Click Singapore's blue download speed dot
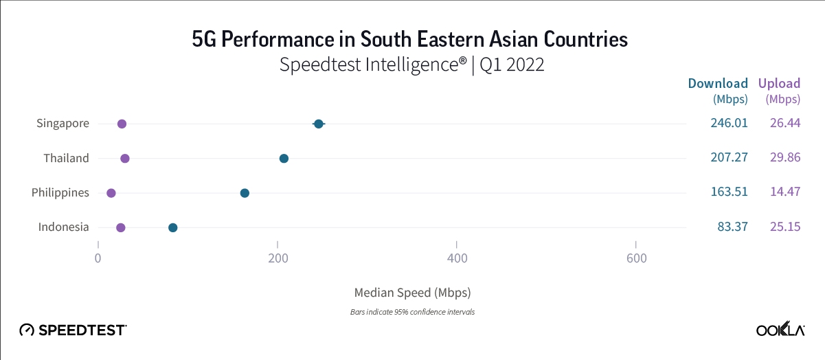click(x=318, y=124)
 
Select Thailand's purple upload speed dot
click(x=124, y=159)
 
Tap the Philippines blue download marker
click(x=245, y=193)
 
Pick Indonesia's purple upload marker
click(x=120, y=227)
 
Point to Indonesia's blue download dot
click(x=173, y=227)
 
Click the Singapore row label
click(x=63, y=124)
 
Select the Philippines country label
click(x=60, y=192)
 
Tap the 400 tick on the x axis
click(x=457, y=258)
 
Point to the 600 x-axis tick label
click(x=636, y=258)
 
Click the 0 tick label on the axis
click(x=98, y=258)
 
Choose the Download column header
click(x=718, y=84)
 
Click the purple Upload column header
click(x=779, y=84)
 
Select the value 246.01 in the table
click(x=729, y=124)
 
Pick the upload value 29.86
click(x=785, y=158)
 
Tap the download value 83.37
click(x=732, y=227)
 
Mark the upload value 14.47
click(x=785, y=192)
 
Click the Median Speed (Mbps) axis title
click(x=412, y=293)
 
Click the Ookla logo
click(x=780, y=330)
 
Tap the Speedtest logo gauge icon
click(x=27, y=330)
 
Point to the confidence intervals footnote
click(x=412, y=312)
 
